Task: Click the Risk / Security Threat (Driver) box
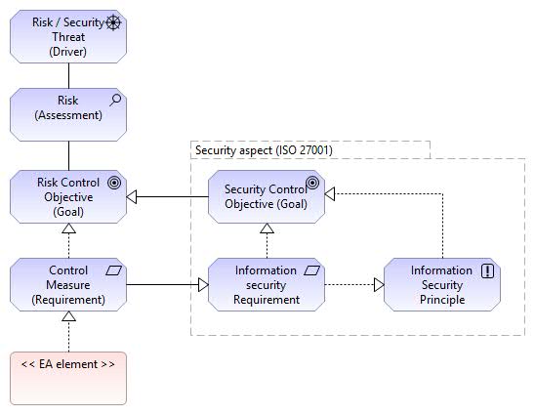coord(68,36)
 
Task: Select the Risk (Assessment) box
coord(68,114)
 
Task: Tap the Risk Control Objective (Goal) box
coord(68,197)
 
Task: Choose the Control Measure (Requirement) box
coord(68,284)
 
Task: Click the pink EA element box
coord(68,379)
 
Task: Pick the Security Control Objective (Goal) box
coord(267,197)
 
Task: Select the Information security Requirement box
coord(267,284)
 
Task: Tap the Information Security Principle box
coord(442,284)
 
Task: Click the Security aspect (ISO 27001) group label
coord(264,150)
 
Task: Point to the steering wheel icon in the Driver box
coord(113,22)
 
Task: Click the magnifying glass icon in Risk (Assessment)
coord(115,101)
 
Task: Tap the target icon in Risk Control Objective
coord(114,183)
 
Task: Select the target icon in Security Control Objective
coord(312,183)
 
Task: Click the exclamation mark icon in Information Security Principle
coord(487,271)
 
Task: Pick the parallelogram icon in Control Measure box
coord(113,270)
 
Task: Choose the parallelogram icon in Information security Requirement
coord(311,270)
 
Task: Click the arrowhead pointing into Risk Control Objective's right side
coord(132,197)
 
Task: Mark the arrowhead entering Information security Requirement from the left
coord(203,284)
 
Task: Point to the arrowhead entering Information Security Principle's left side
coord(379,284)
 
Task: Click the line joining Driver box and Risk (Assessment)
coord(68,76)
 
